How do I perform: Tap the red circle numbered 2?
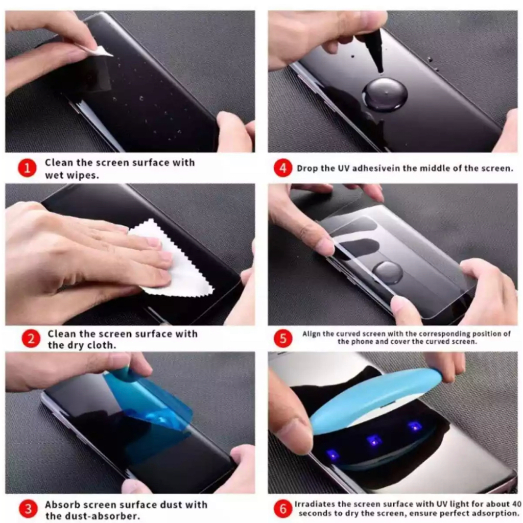(x=31, y=339)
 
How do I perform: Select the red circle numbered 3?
(x=29, y=509)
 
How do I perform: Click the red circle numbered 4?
(x=282, y=168)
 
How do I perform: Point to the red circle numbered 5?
(x=283, y=338)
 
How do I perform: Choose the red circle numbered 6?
(x=283, y=508)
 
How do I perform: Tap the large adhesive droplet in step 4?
(x=385, y=95)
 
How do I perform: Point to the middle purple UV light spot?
(x=374, y=440)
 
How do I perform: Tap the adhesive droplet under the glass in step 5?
(x=387, y=272)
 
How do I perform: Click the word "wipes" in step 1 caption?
(x=85, y=175)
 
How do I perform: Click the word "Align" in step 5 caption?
(x=312, y=334)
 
